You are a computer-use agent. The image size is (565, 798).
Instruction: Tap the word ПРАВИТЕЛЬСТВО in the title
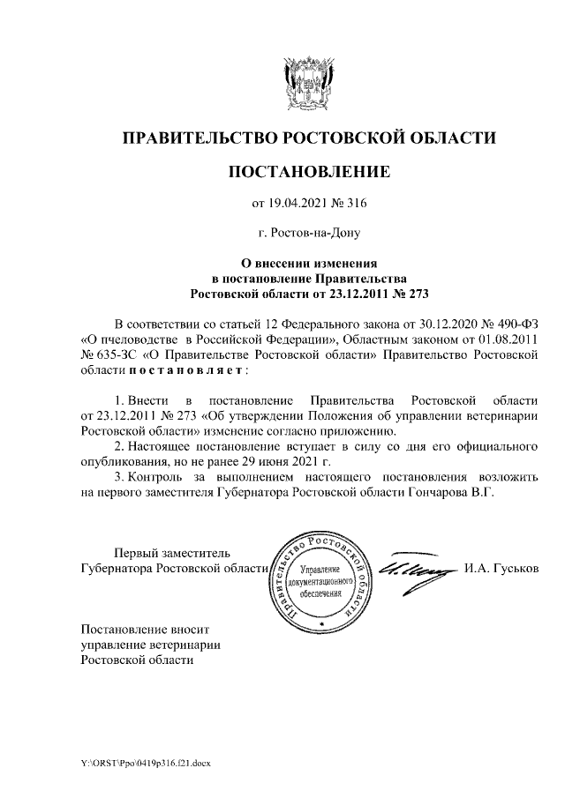199,138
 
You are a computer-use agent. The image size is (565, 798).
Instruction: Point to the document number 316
355,205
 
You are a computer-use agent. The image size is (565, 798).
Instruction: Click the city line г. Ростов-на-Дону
309,234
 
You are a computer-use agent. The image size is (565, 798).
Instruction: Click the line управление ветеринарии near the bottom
150,645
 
